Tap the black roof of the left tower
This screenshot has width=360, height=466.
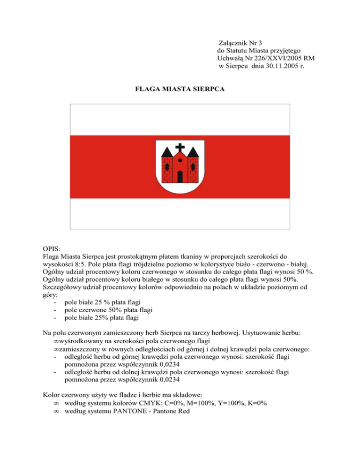(168, 151)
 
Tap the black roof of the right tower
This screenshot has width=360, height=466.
(192, 151)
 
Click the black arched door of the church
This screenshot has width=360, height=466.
(180, 176)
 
